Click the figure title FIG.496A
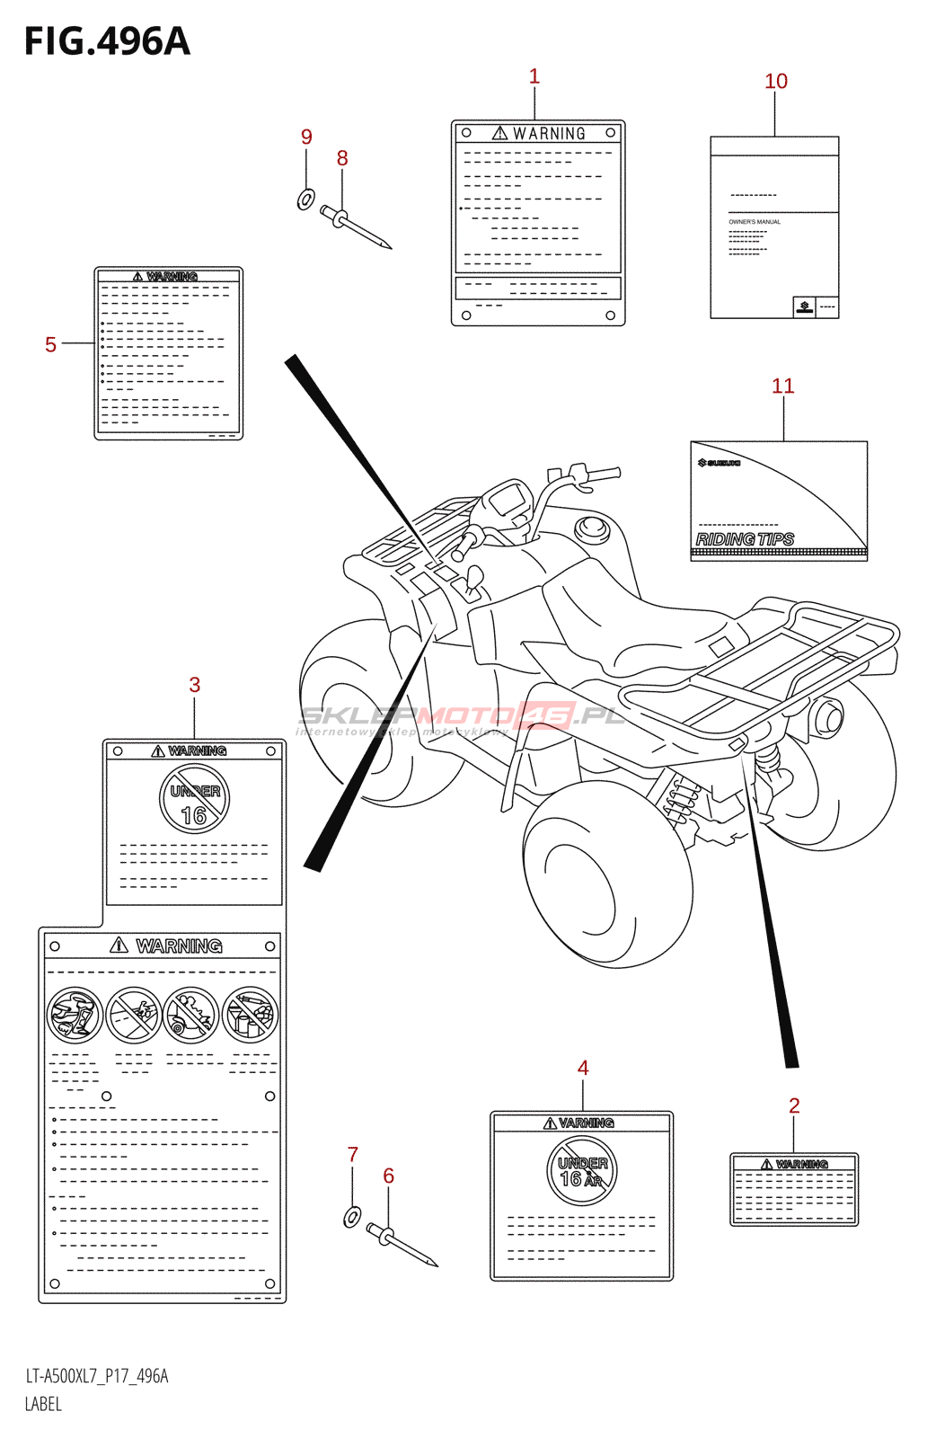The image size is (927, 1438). pyautogui.click(x=107, y=42)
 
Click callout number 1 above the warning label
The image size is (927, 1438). pyautogui.click(x=534, y=76)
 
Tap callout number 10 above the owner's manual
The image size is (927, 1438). pyautogui.click(x=776, y=81)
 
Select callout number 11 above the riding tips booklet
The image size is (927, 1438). pyautogui.click(x=783, y=386)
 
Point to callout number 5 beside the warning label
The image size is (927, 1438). pyautogui.click(x=50, y=344)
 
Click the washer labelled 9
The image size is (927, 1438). pyautogui.click(x=306, y=199)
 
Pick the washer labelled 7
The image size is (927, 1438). pyautogui.click(x=353, y=1217)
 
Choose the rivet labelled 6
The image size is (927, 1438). pyautogui.click(x=402, y=1247)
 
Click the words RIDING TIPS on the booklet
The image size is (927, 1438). pyautogui.click(x=745, y=539)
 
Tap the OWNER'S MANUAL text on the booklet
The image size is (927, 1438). pyautogui.click(x=755, y=222)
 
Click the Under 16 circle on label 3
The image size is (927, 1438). pyautogui.click(x=195, y=799)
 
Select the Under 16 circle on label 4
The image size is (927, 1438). pyautogui.click(x=582, y=1170)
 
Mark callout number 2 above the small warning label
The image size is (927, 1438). pyautogui.click(x=794, y=1105)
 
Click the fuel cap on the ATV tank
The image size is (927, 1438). pyautogui.click(x=593, y=528)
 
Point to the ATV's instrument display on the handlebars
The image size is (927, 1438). pyautogui.click(x=508, y=498)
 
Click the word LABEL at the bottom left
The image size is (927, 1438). pyautogui.click(x=43, y=1404)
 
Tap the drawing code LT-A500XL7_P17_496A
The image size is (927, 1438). pyautogui.click(x=97, y=1376)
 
